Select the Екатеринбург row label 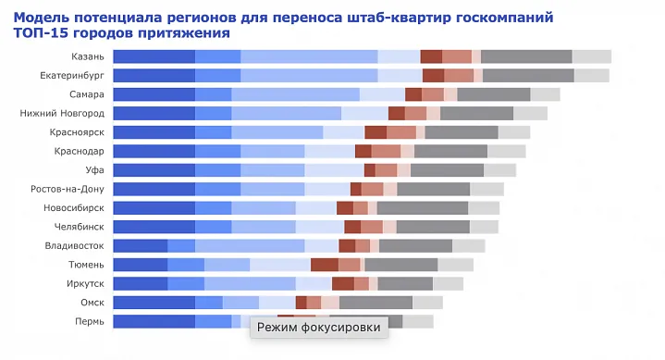(72, 75)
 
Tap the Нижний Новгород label (62, 113)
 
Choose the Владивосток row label (74, 245)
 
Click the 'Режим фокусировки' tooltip (318, 327)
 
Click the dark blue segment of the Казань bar (154, 56)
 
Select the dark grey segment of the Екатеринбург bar (528, 75)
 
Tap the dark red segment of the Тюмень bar (324, 265)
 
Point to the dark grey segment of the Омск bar (376, 303)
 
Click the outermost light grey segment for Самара (545, 94)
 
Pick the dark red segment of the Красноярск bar (376, 132)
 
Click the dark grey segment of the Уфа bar (447, 170)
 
